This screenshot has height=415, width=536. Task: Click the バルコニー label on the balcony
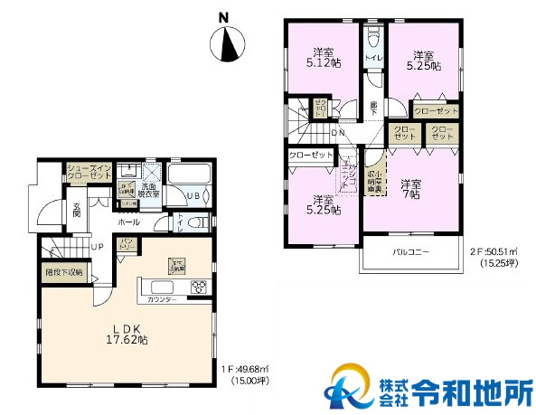409,250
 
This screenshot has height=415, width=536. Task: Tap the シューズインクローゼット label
89,172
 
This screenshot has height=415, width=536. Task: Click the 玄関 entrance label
77,211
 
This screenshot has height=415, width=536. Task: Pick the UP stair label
96,245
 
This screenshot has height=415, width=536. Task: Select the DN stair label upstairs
338,133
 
